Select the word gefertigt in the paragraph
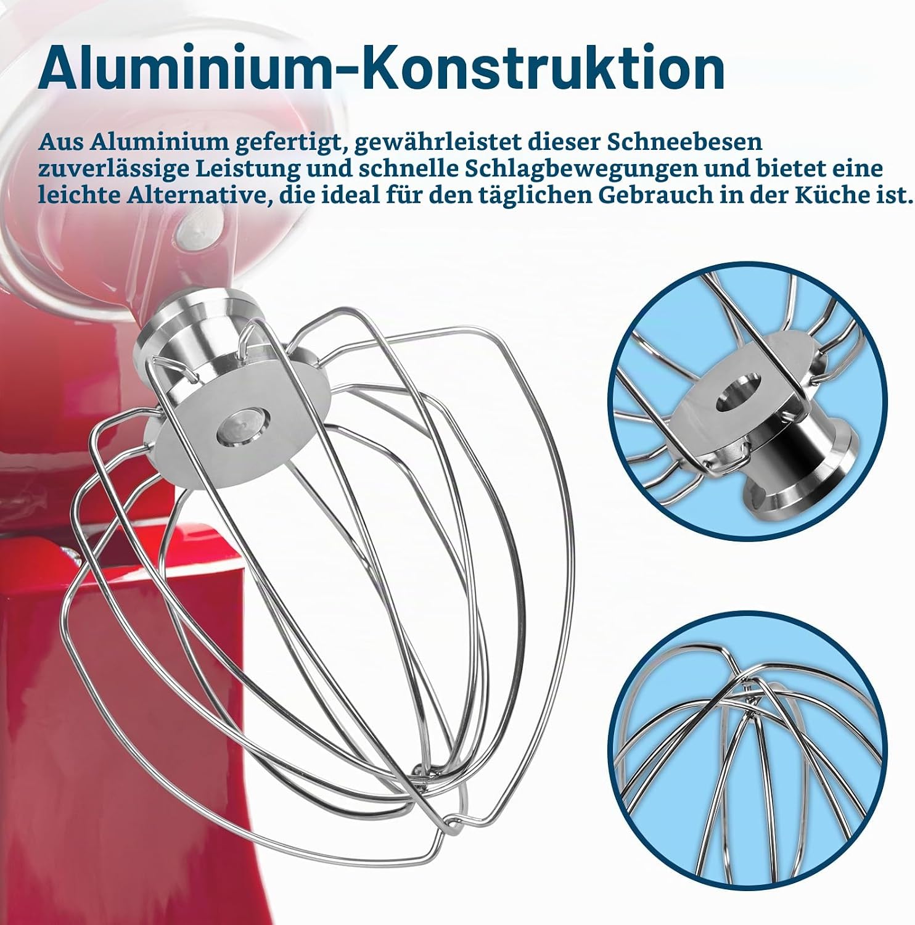(x=285, y=142)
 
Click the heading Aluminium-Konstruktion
(x=381, y=68)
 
